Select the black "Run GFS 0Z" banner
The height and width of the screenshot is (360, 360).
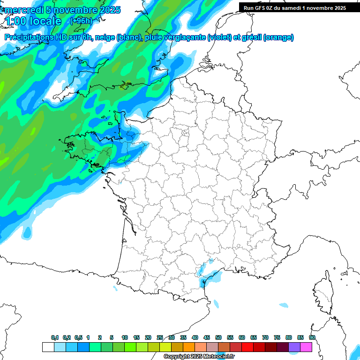293,7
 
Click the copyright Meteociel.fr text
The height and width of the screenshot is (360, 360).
199,357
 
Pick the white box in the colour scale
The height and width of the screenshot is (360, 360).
48,347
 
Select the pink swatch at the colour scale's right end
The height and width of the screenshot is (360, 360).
306,347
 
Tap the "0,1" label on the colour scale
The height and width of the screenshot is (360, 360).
54,338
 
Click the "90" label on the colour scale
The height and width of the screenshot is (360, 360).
312,338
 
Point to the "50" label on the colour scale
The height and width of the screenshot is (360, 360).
218,338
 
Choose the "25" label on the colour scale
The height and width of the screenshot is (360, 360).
160,338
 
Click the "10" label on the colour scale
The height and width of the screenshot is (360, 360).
125,338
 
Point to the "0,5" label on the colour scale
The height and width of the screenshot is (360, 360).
78,338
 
